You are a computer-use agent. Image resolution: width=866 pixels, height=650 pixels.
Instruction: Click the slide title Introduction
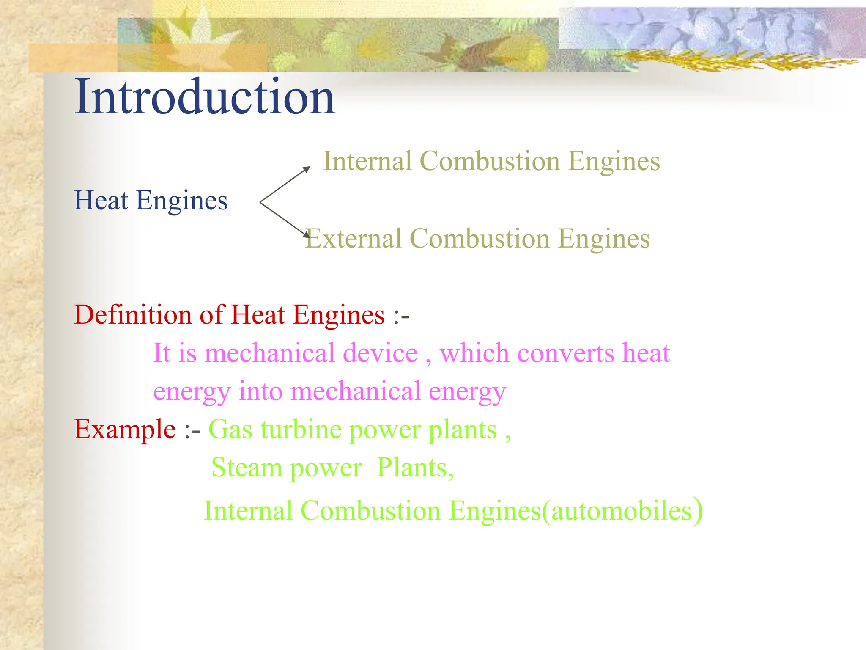pyautogui.click(x=205, y=97)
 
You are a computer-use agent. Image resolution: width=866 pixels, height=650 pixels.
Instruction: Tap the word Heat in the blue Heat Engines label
pyautogui.click(x=101, y=200)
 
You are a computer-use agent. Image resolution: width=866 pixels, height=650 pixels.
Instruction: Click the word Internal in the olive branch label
pyautogui.click(x=367, y=161)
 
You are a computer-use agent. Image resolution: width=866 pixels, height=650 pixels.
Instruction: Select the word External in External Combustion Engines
pyautogui.click(x=354, y=239)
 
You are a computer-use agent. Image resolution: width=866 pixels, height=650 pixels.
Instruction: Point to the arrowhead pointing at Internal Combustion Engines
pyautogui.click(x=307, y=169)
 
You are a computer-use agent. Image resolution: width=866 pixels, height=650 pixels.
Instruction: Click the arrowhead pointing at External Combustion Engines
pyautogui.click(x=307, y=234)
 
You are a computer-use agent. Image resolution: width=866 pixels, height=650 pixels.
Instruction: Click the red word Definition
pyautogui.click(x=133, y=315)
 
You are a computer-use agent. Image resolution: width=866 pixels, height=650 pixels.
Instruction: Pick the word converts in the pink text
pyautogui.click(x=566, y=353)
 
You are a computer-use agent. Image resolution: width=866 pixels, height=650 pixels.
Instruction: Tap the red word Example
pyautogui.click(x=125, y=430)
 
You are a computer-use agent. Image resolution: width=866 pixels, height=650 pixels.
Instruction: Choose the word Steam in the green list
pyautogui.click(x=247, y=468)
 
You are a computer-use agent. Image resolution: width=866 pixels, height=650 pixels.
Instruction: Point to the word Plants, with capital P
pyautogui.click(x=415, y=468)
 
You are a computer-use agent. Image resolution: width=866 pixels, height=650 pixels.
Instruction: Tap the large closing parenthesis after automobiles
pyautogui.click(x=698, y=511)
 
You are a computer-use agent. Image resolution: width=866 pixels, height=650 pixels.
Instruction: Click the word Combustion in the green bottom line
pyautogui.click(x=370, y=511)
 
